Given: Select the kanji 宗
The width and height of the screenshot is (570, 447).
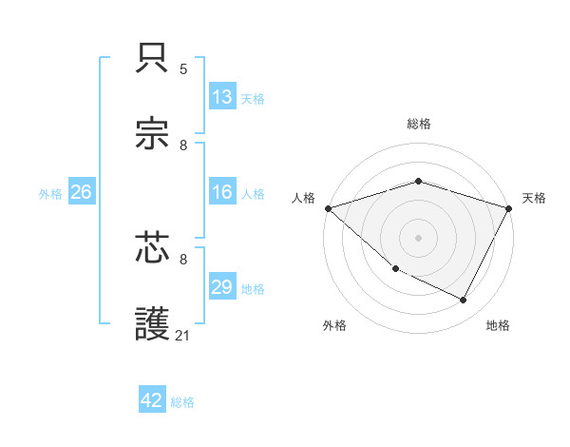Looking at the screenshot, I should point(153,134).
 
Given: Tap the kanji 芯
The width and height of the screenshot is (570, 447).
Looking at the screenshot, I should point(153,248).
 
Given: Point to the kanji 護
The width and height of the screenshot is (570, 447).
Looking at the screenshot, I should point(153,323).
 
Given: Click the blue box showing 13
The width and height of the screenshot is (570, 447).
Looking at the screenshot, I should point(221,97).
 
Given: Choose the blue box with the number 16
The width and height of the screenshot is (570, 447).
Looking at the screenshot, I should point(221,192).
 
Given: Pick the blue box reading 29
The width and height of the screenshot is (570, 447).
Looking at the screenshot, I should point(221,287).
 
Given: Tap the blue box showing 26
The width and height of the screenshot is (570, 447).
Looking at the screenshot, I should point(81,192).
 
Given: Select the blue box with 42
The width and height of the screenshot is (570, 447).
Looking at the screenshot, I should point(152,400).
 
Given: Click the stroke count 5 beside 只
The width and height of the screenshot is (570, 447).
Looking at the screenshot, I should point(183,69).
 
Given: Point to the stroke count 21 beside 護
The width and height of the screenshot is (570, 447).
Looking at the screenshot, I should point(184,335).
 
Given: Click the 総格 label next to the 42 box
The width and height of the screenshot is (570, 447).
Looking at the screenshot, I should point(182,402).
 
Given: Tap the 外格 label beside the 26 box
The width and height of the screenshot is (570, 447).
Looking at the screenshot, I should point(50,194).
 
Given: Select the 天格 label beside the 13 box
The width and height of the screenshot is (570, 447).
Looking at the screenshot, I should point(253,98).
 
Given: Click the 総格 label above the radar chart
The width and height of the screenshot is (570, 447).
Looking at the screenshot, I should point(418,124).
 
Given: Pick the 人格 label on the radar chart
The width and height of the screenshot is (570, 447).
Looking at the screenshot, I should point(304,198).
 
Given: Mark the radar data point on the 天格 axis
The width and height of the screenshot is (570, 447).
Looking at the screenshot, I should point(509,208).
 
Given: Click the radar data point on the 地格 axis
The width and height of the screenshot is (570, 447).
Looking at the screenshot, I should point(464,301).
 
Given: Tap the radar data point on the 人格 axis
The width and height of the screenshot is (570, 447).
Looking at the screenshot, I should point(328,208).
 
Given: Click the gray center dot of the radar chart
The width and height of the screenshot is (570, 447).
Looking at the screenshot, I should point(418,238).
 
